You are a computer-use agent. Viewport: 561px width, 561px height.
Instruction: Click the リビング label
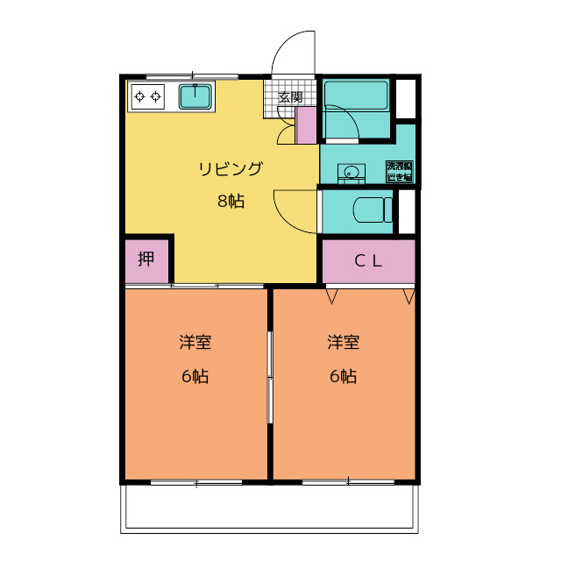(x=231, y=169)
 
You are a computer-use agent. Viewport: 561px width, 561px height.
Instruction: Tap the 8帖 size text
(x=231, y=201)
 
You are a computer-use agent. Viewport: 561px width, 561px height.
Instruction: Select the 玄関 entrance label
(x=290, y=96)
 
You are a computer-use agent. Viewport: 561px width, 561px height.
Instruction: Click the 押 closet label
(x=146, y=259)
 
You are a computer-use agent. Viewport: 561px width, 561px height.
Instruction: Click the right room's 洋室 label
(x=343, y=342)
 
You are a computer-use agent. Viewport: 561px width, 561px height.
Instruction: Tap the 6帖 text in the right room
(x=343, y=377)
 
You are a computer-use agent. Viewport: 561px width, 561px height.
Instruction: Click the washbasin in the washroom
(x=352, y=172)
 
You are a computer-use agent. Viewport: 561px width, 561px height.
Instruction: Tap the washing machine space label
(x=399, y=172)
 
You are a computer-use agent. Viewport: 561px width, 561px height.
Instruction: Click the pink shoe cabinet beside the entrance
(x=306, y=124)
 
